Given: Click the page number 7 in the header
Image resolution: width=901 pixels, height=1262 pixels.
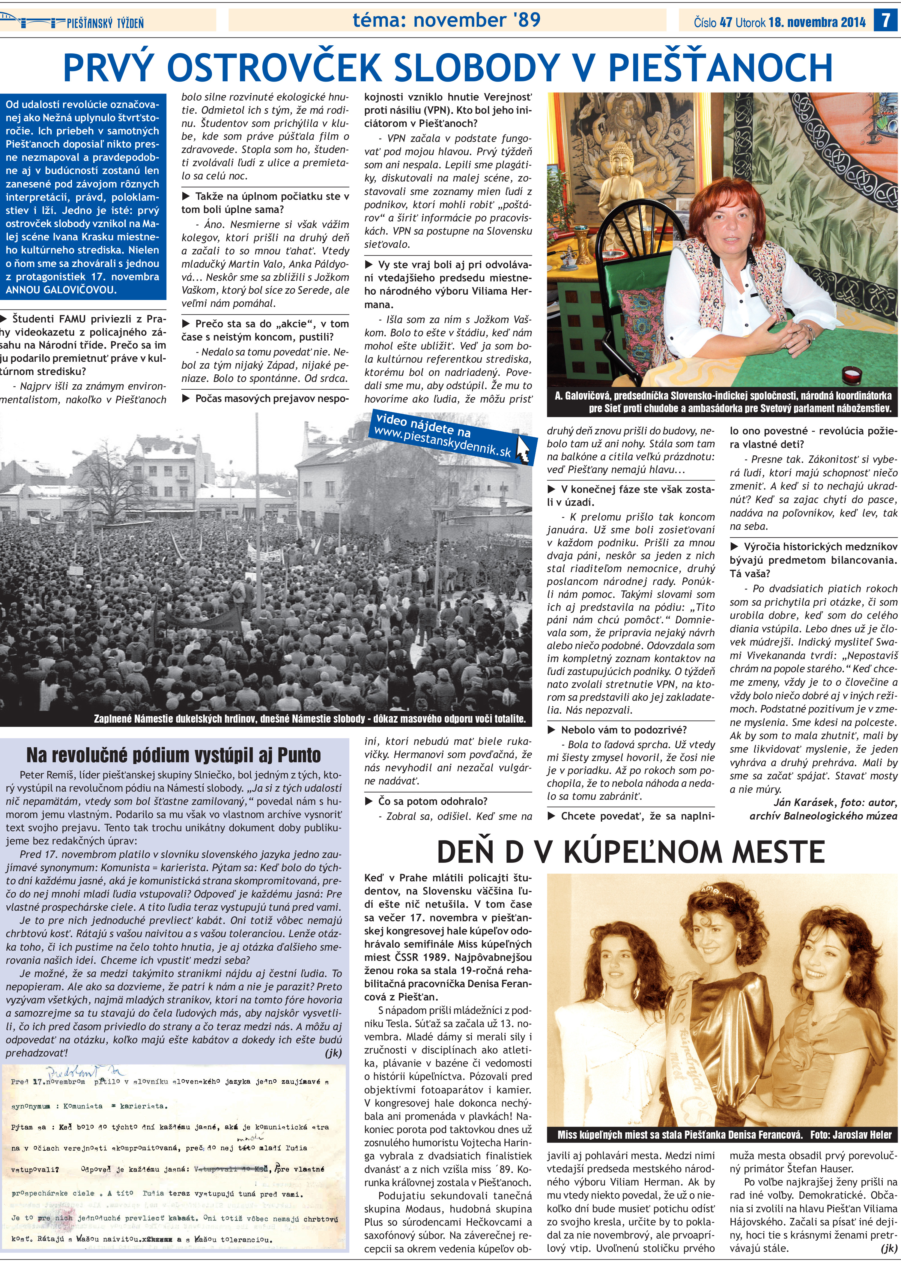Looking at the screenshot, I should click(884, 20).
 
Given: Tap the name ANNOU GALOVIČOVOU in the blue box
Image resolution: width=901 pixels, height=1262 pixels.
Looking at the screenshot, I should click(61, 290).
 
